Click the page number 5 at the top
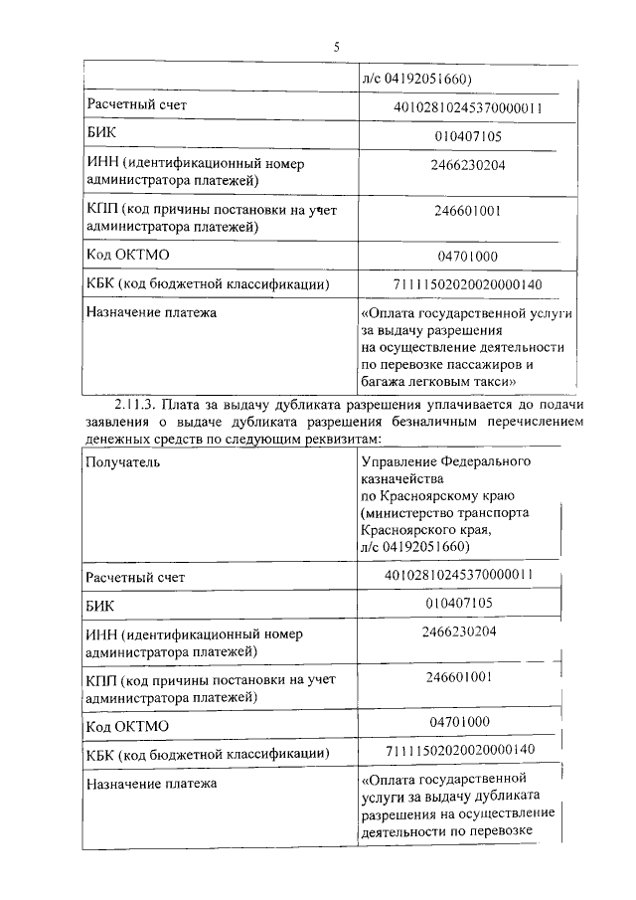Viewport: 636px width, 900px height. click(x=336, y=47)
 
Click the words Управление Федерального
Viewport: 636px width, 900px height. click(x=446, y=462)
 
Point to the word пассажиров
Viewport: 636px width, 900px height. click(x=483, y=364)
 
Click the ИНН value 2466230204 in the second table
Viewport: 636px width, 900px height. click(x=458, y=630)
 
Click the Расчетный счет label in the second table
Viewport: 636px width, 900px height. click(x=135, y=577)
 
